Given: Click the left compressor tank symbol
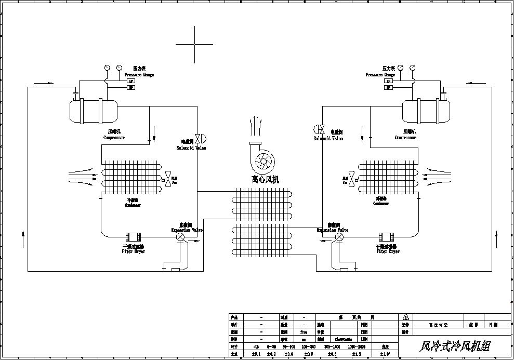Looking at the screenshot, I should pos(93,111).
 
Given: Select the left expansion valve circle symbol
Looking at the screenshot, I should pos(180,237).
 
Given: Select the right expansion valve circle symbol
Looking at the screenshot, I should pos(339,237).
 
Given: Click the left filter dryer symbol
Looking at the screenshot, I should pos(134,237).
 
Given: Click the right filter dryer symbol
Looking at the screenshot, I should pos(386,237).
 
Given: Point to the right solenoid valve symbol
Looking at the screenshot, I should pos(320,129).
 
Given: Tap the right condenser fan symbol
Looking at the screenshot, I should pos(353,179).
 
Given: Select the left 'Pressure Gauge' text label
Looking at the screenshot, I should pos(141,75).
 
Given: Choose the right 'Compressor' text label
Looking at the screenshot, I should pos(405,138).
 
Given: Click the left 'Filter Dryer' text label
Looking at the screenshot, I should pos(134,251).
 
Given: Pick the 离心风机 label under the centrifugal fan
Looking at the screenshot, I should pos(265,180).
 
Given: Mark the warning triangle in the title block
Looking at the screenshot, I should pos(405,317).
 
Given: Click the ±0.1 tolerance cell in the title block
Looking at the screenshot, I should pos(256,354).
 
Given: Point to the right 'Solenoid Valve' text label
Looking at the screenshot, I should pos(328,139).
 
